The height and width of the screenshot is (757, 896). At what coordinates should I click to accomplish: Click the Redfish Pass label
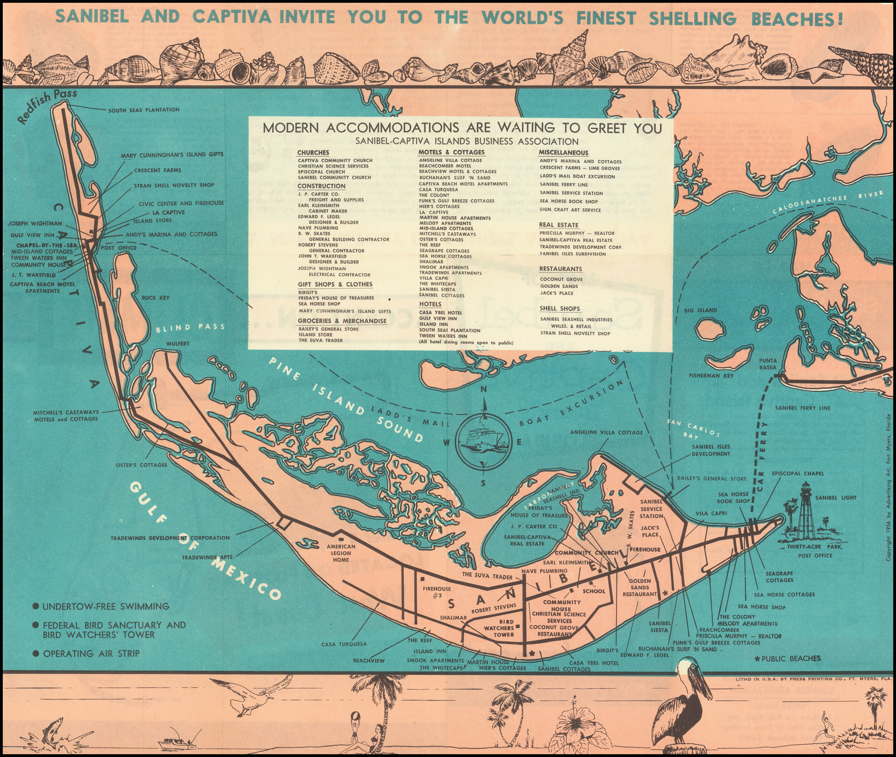tap(47, 106)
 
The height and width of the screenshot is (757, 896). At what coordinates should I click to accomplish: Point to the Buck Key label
tap(156, 298)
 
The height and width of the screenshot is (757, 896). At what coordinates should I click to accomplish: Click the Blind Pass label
tap(190, 328)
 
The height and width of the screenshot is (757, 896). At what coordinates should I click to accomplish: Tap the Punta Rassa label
tap(768, 364)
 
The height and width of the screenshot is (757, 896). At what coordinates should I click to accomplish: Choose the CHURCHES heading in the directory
tap(313, 152)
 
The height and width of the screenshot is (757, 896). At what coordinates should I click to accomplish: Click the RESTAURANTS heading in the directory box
tap(561, 269)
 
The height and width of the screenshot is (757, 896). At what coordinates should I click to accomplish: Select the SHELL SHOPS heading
tap(559, 309)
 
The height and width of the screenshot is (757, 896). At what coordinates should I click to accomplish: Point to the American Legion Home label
tap(341, 553)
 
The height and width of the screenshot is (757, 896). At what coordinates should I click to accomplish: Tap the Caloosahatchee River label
tap(828, 203)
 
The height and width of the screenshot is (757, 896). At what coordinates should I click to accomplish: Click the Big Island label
tap(701, 310)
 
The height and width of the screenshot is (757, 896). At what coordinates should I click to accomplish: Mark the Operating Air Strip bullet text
tap(91, 653)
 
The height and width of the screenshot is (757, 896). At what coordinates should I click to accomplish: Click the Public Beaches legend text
tap(787, 658)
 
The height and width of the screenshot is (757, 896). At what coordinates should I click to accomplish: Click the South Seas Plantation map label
tap(143, 110)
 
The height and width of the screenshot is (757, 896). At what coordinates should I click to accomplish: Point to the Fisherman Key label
tap(711, 376)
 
